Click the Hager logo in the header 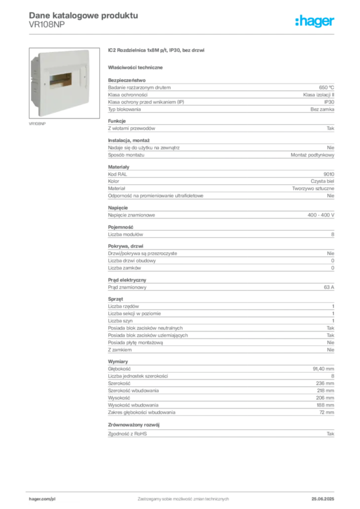[x=315, y=21]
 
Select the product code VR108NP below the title [x=47, y=25]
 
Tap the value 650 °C [x=326, y=87]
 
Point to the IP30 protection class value [x=329, y=102]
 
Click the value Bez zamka [x=322, y=109]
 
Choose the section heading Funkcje [x=117, y=121]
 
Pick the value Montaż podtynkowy [x=312, y=155]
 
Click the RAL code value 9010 [x=329, y=174]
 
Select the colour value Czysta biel [x=322, y=181]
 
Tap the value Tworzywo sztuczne [x=313, y=188]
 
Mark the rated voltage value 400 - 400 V [x=321, y=215]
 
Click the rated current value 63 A [x=329, y=287]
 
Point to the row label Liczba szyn [x=120, y=321]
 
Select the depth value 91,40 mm [x=323, y=369]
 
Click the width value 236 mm [x=325, y=383]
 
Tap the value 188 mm [x=325, y=405]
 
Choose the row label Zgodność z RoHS [x=127, y=434]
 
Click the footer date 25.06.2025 [x=323, y=499]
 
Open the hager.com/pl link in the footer [x=42, y=499]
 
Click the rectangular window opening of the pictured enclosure [x=61, y=81]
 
